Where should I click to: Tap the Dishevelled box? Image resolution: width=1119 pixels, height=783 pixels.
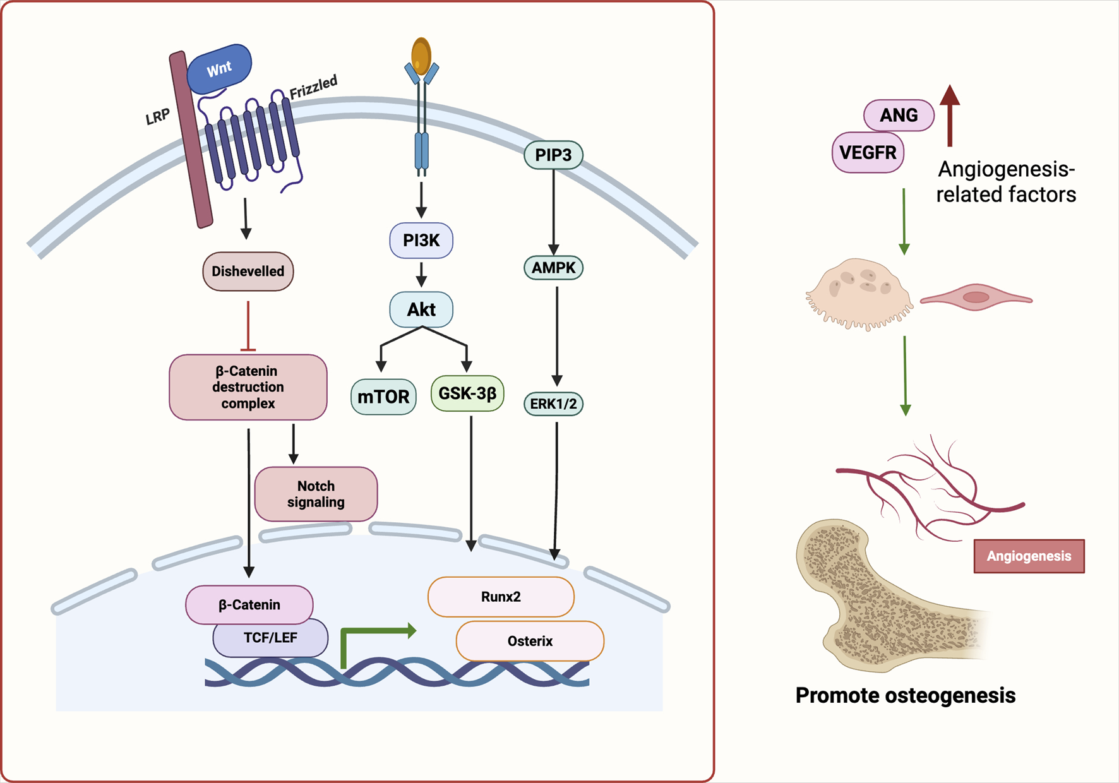[x=248, y=272]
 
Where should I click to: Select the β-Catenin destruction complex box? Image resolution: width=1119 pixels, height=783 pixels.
[x=248, y=387]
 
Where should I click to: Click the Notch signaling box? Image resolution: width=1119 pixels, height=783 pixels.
[x=316, y=494]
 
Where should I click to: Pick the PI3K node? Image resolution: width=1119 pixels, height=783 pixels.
[x=421, y=241]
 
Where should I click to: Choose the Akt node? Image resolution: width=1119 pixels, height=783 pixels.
[x=421, y=309]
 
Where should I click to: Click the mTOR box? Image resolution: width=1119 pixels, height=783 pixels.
[x=383, y=397]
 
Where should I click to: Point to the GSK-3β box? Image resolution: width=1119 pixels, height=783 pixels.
[x=467, y=393]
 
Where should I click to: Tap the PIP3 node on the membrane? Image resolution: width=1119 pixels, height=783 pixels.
[x=553, y=155]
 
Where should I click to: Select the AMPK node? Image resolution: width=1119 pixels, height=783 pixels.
[x=553, y=268]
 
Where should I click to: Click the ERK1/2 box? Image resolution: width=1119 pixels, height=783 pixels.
[x=553, y=404]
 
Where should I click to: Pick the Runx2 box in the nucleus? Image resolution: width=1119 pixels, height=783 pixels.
[x=501, y=597]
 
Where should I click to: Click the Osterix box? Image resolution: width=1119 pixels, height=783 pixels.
[x=530, y=642]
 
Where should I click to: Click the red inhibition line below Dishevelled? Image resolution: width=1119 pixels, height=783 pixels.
[x=248, y=325]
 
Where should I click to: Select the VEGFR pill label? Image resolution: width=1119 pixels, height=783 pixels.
[x=868, y=153]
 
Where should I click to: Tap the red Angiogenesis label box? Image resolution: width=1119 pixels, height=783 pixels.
[x=1029, y=556]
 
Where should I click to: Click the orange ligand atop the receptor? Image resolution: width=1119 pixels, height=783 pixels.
[x=421, y=56]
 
